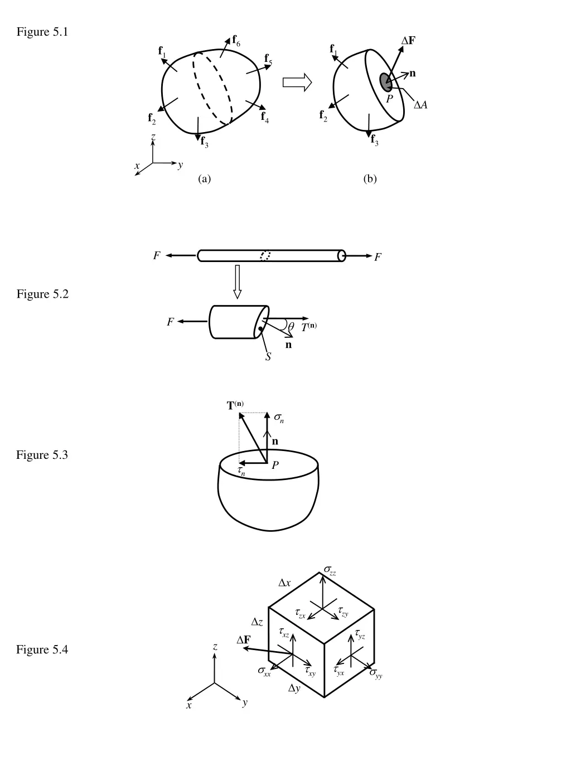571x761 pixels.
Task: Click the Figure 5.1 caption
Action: coord(42,32)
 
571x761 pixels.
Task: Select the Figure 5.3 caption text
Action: coord(42,454)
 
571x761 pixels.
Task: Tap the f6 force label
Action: coord(236,41)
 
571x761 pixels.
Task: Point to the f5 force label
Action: coord(268,59)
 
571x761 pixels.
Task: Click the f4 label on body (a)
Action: coord(265,117)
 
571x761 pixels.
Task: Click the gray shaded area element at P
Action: coord(385,82)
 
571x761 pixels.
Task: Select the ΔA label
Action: coord(420,105)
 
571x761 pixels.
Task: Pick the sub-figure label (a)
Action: coord(205,179)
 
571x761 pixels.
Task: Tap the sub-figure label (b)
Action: coord(370,179)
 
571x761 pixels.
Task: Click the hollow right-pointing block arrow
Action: coord(297,83)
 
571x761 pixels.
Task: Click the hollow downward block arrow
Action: coord(237,282)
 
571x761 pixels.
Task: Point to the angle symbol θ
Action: coord(291,327)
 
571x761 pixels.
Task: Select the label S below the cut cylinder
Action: coord(268,356)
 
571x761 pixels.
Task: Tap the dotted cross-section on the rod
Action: coord(265,256)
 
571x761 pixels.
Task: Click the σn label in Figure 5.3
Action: coord(279,418)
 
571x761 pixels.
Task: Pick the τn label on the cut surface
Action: coord(241,471)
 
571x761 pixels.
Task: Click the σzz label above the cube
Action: coord(330,570)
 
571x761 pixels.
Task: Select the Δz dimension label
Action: coord(257,622)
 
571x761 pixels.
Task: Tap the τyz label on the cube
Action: coord(360,635)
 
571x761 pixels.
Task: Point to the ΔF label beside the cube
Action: coord(243,639)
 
